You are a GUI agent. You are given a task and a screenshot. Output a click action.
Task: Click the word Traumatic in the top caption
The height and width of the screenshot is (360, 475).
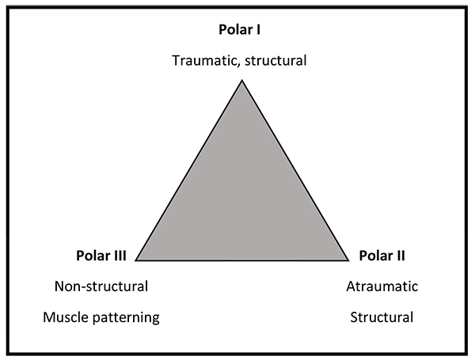pyautogui.click(x=202, y=60)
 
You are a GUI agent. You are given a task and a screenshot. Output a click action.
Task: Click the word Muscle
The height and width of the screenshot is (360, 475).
pyautogui.click(x=66, y=318)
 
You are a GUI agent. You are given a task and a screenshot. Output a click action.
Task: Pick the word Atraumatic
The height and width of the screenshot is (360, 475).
pyautogui.click(x=382, y=286)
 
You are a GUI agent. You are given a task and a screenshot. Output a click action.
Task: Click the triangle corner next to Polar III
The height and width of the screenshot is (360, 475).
pyautogui.click(x=137, y=260)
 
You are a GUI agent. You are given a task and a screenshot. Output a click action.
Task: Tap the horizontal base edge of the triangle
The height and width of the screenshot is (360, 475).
pyautogui.click(x=243, y=260)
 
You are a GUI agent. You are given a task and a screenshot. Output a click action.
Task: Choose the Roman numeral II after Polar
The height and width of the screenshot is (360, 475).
pyautogui.click(x=402, y=256)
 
